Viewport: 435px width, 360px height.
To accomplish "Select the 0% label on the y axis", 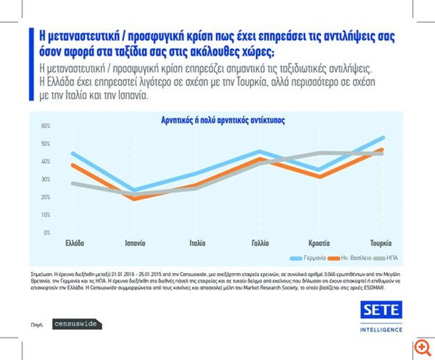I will pos(46,233).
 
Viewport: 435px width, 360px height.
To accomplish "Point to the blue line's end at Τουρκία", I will pos(384,138).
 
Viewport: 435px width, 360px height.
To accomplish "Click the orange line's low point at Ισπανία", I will pos(135,199).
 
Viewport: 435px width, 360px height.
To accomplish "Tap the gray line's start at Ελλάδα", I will pos(73,183).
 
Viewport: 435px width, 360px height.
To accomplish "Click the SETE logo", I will pos(381,310).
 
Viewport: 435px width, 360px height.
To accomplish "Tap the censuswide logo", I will pos(77,324).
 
